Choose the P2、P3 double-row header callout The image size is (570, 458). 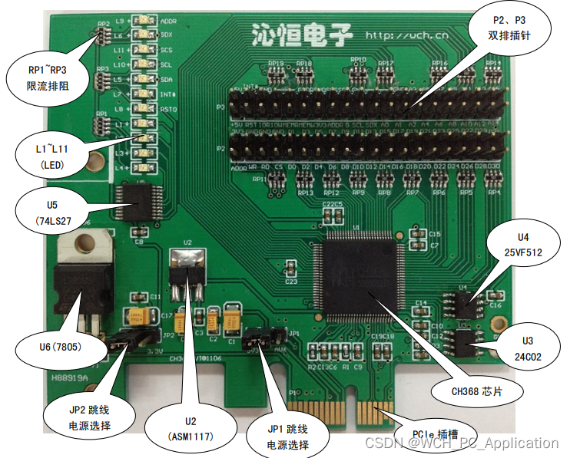point(509,28)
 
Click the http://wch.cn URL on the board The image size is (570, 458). point(406,35)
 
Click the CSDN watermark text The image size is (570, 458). point(461,443)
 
